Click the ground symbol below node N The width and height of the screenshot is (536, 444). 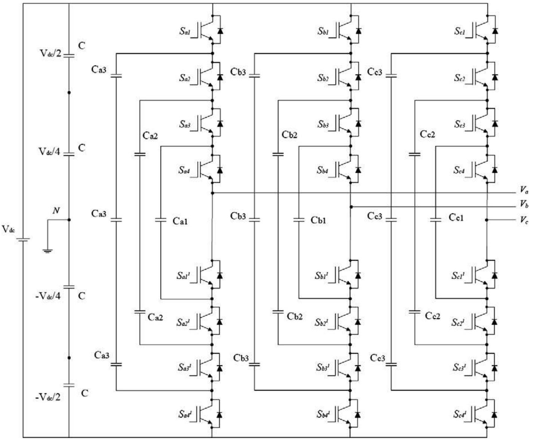click(47, 250)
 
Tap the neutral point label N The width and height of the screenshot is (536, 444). click(56, 211)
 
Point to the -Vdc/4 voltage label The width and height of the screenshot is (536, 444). click(48, 296)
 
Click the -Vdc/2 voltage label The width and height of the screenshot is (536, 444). click(48, 397)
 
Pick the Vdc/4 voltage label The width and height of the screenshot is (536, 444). click(49, 151)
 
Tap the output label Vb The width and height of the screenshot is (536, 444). click(524, 204)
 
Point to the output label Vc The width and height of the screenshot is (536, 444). click(524, 220)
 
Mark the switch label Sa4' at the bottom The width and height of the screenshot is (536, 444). click(185, 414)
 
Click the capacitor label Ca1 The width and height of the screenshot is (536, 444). click(180, 222)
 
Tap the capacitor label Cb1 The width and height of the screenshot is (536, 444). click(318, 221)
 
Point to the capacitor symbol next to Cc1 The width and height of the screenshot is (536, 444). click(436, 220)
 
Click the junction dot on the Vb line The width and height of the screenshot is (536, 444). click(350, 207)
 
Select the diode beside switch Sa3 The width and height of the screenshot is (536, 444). click(220, 123)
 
